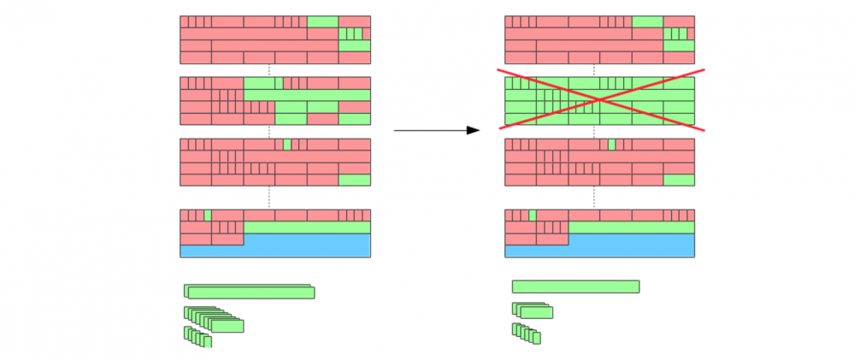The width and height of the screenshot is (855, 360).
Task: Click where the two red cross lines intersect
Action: pyautogui.click(x=600, y=100)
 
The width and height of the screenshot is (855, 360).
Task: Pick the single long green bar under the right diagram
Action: pyautogui.click(x=575, y=286)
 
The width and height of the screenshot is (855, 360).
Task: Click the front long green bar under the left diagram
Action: pyautogui.click(x=251, y=293)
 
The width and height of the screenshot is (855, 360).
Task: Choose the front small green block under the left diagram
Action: pyautogui.click(x=207, y=342)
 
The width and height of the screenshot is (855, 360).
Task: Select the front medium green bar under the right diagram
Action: pyautogui.click(x=536, y=312)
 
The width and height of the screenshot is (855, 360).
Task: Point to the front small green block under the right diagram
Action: pyautogui.click(x=536, y=338)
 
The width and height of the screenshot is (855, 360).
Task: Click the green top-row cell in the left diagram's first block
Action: pyautogui.click(x=322, y=21)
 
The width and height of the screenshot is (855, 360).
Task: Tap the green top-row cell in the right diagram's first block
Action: pyautogui.click(x=647, y=21)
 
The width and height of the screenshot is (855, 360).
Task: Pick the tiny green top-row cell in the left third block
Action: pyautogui.click(x=287, y=145)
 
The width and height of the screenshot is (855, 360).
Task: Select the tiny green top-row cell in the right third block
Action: pyautogui.click(x=611, y=145)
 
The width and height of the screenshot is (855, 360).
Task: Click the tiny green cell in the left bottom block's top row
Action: pyautogui.click(x=208, y=215)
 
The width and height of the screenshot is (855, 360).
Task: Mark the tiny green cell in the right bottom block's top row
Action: pyautogui.click(x=533, y=215)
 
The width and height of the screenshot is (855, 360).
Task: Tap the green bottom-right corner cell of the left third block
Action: pyautogui.click(x=354, y=180)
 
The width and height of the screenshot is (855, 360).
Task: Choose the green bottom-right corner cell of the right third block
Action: pyautogui.click(x=679, y=180)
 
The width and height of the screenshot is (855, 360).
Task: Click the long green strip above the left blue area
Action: pyautogui.click(x=307, y=227)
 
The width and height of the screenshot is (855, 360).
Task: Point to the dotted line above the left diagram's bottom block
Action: pyautogui.click(x=269, y=197)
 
